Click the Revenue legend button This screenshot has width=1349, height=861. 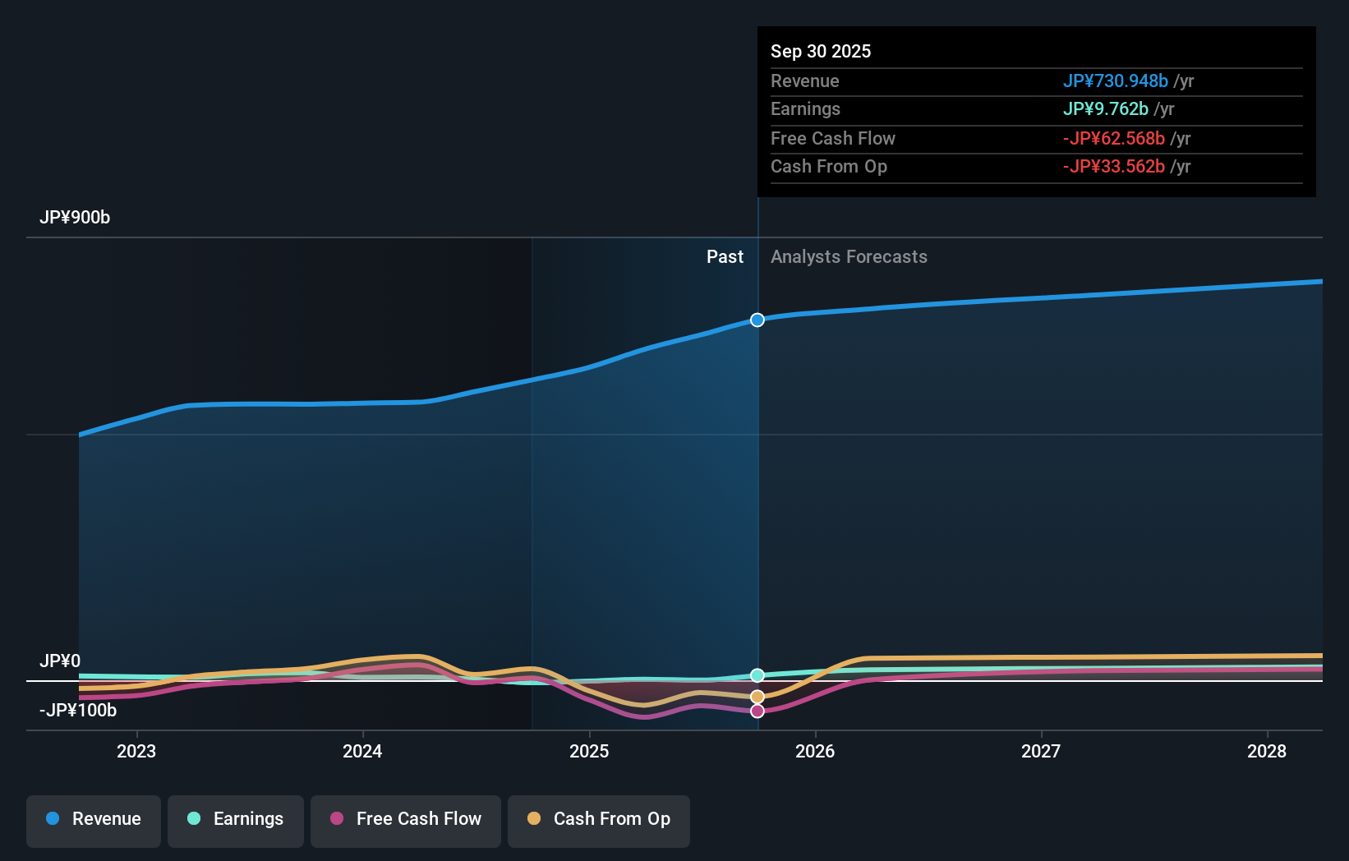pos(94,820)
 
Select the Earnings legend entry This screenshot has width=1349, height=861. pos(236,820)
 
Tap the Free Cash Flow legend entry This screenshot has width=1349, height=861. pos(406,820)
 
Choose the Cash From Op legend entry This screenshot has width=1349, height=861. pos(599,820)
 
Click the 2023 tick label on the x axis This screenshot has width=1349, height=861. pos(136,751)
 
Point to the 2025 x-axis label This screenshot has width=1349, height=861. pos(589,751)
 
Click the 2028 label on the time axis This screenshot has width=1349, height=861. pos(1267,751)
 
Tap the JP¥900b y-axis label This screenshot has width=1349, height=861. pos(75,218)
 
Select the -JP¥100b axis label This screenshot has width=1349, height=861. pos(78,711)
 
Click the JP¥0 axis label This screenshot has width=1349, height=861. pos(60,661)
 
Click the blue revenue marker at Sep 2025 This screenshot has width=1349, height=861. pos(757,320)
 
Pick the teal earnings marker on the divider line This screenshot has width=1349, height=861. pos(757,675)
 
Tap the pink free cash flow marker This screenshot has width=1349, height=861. pos(757,711)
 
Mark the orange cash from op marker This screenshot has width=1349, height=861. pos(757,697)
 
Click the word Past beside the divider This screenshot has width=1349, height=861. pos(725,257)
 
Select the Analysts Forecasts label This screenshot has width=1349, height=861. pos(849,257)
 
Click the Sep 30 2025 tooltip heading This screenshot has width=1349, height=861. pos(821,52)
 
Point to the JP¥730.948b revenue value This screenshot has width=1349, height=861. pos(1115,81)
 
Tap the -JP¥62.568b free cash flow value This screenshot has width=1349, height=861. pos(1113,139)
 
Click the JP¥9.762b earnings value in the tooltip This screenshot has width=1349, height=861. pos(1105,109)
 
